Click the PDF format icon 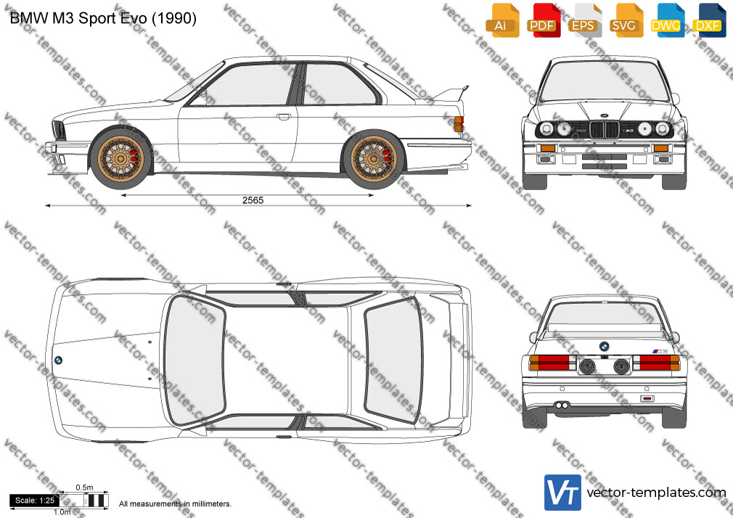click(544, 20)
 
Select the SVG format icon click(626, 20)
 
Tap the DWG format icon click(667, 20)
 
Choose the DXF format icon click(708, 20)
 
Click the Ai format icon click(502, 20)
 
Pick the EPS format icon click(585, 20)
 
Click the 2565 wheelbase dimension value click(253, 200)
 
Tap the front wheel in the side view click(121, 157)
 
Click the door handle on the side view click(283, 116)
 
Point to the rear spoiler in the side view click(451, 93)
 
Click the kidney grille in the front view click(604, 129)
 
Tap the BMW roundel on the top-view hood click(59, 361)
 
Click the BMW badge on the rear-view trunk click(604, 347)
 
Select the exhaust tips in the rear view click(562, 405)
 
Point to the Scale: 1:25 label click(35, 501)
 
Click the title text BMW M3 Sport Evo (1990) click(103, 18)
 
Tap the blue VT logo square click(563, 493)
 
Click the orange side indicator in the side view click(458, 124)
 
